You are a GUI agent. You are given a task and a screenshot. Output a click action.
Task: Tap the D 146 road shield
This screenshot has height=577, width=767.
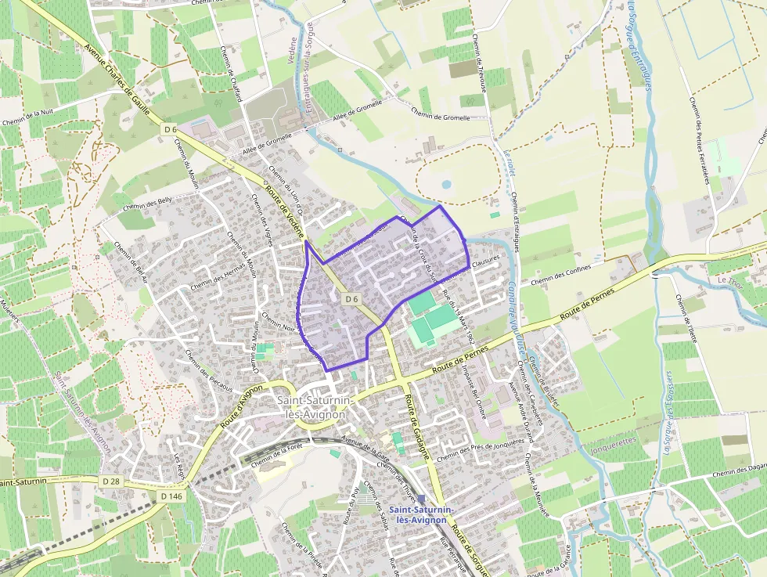(170, 496)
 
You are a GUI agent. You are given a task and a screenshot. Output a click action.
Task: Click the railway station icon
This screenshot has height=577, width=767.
(422, 499)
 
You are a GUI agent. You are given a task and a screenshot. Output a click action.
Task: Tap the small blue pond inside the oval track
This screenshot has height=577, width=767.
(446, 186)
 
